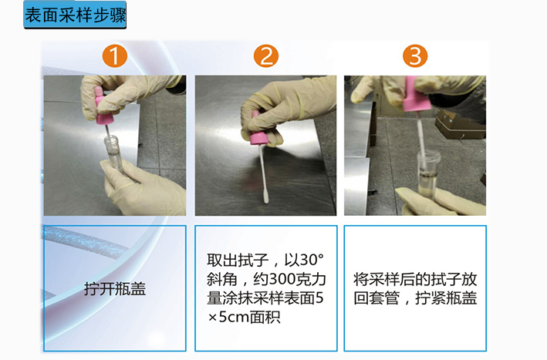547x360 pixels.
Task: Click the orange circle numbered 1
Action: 115,56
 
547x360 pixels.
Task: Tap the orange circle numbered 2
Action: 266,56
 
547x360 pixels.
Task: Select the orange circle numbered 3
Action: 415,56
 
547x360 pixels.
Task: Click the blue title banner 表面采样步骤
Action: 75,15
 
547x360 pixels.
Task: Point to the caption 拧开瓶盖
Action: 115,288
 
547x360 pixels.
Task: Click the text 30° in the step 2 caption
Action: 312,260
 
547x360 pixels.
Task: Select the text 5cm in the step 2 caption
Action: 233,317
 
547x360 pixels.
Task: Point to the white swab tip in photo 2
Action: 266,197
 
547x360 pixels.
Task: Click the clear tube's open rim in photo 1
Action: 111,140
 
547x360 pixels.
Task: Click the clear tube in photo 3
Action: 428,173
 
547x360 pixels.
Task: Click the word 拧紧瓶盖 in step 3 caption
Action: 446,298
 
